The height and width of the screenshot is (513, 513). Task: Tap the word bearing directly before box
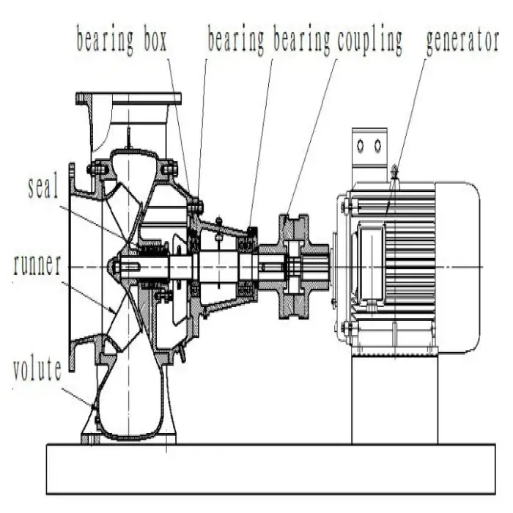tap(103, 40)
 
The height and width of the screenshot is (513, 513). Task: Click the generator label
tap(462, 40)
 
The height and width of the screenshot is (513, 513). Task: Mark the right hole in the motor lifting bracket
tap(377, 146)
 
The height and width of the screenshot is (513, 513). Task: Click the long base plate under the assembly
tap(271, 469)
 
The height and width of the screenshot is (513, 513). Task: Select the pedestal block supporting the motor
tap(394, 399)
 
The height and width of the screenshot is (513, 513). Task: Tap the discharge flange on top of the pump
tap(128, 98)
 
